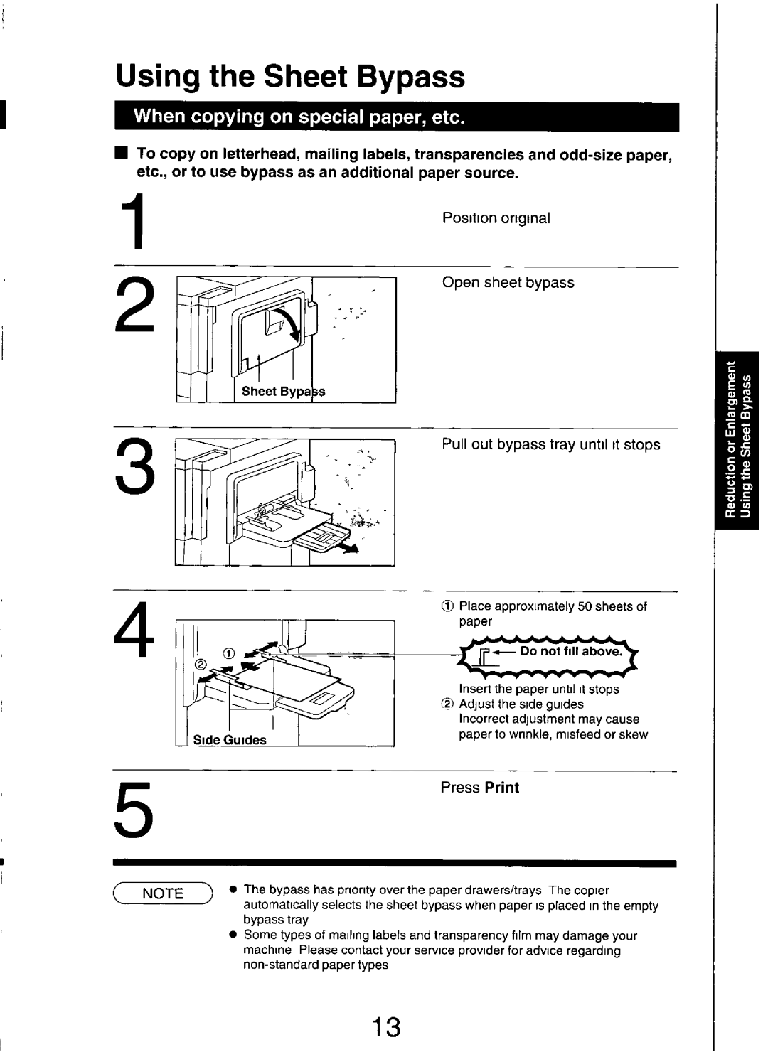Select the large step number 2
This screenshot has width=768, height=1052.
tap(135, 304)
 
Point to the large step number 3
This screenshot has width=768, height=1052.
tap(135, 468)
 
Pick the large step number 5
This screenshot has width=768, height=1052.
tap(135, 812)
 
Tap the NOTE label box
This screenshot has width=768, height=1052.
tap(163, 893)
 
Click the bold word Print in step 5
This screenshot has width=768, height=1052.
tap(502, 788)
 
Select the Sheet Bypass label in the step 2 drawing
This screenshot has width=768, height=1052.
tap(283, 392)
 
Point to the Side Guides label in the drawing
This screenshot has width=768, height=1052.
tap(230, 739)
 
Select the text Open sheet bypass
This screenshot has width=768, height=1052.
tap(508, 283)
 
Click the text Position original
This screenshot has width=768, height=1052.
tap(496, 218)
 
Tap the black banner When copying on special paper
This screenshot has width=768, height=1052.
tap(397, 117)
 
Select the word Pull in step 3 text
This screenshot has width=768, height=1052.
tap(454, 445)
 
